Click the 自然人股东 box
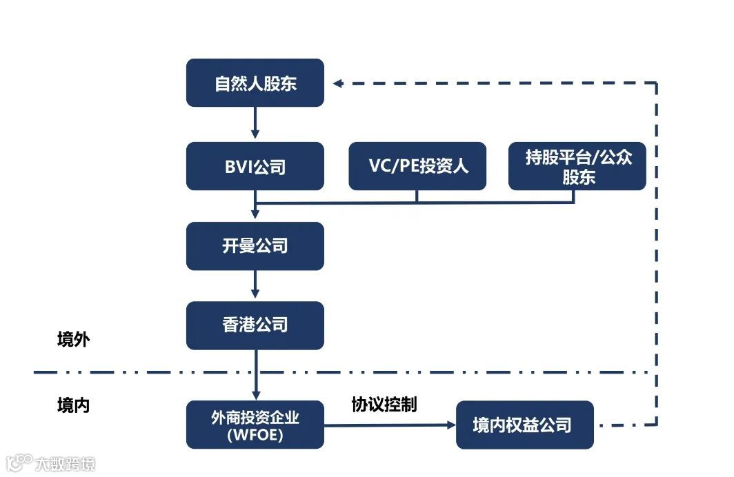[255, 83]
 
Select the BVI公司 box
[255, 166]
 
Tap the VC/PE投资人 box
[417, 166]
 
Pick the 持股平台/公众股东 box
[577, 166]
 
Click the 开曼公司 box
[255, 246]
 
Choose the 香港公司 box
[255, 325]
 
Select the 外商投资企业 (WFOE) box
[255, 425]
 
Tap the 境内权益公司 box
[524, 425]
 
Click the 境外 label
[73, 340]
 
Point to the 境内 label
[73, 405]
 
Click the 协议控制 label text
[384, 404]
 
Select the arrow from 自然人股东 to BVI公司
[255, 123]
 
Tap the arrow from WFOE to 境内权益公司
[390, 425]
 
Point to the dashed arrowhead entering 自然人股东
[337, 83]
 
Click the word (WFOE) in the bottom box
[255, 434]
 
